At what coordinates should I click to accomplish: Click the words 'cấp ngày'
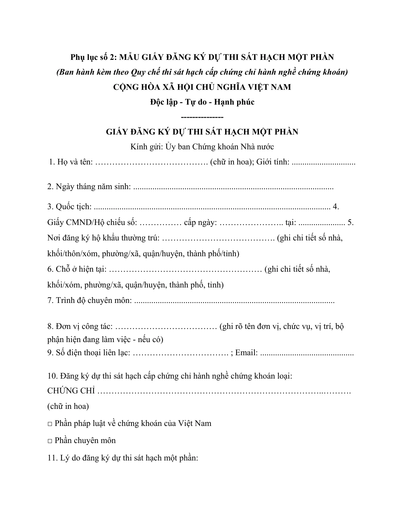[200, 223]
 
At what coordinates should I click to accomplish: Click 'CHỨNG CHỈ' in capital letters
[71, 391]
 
